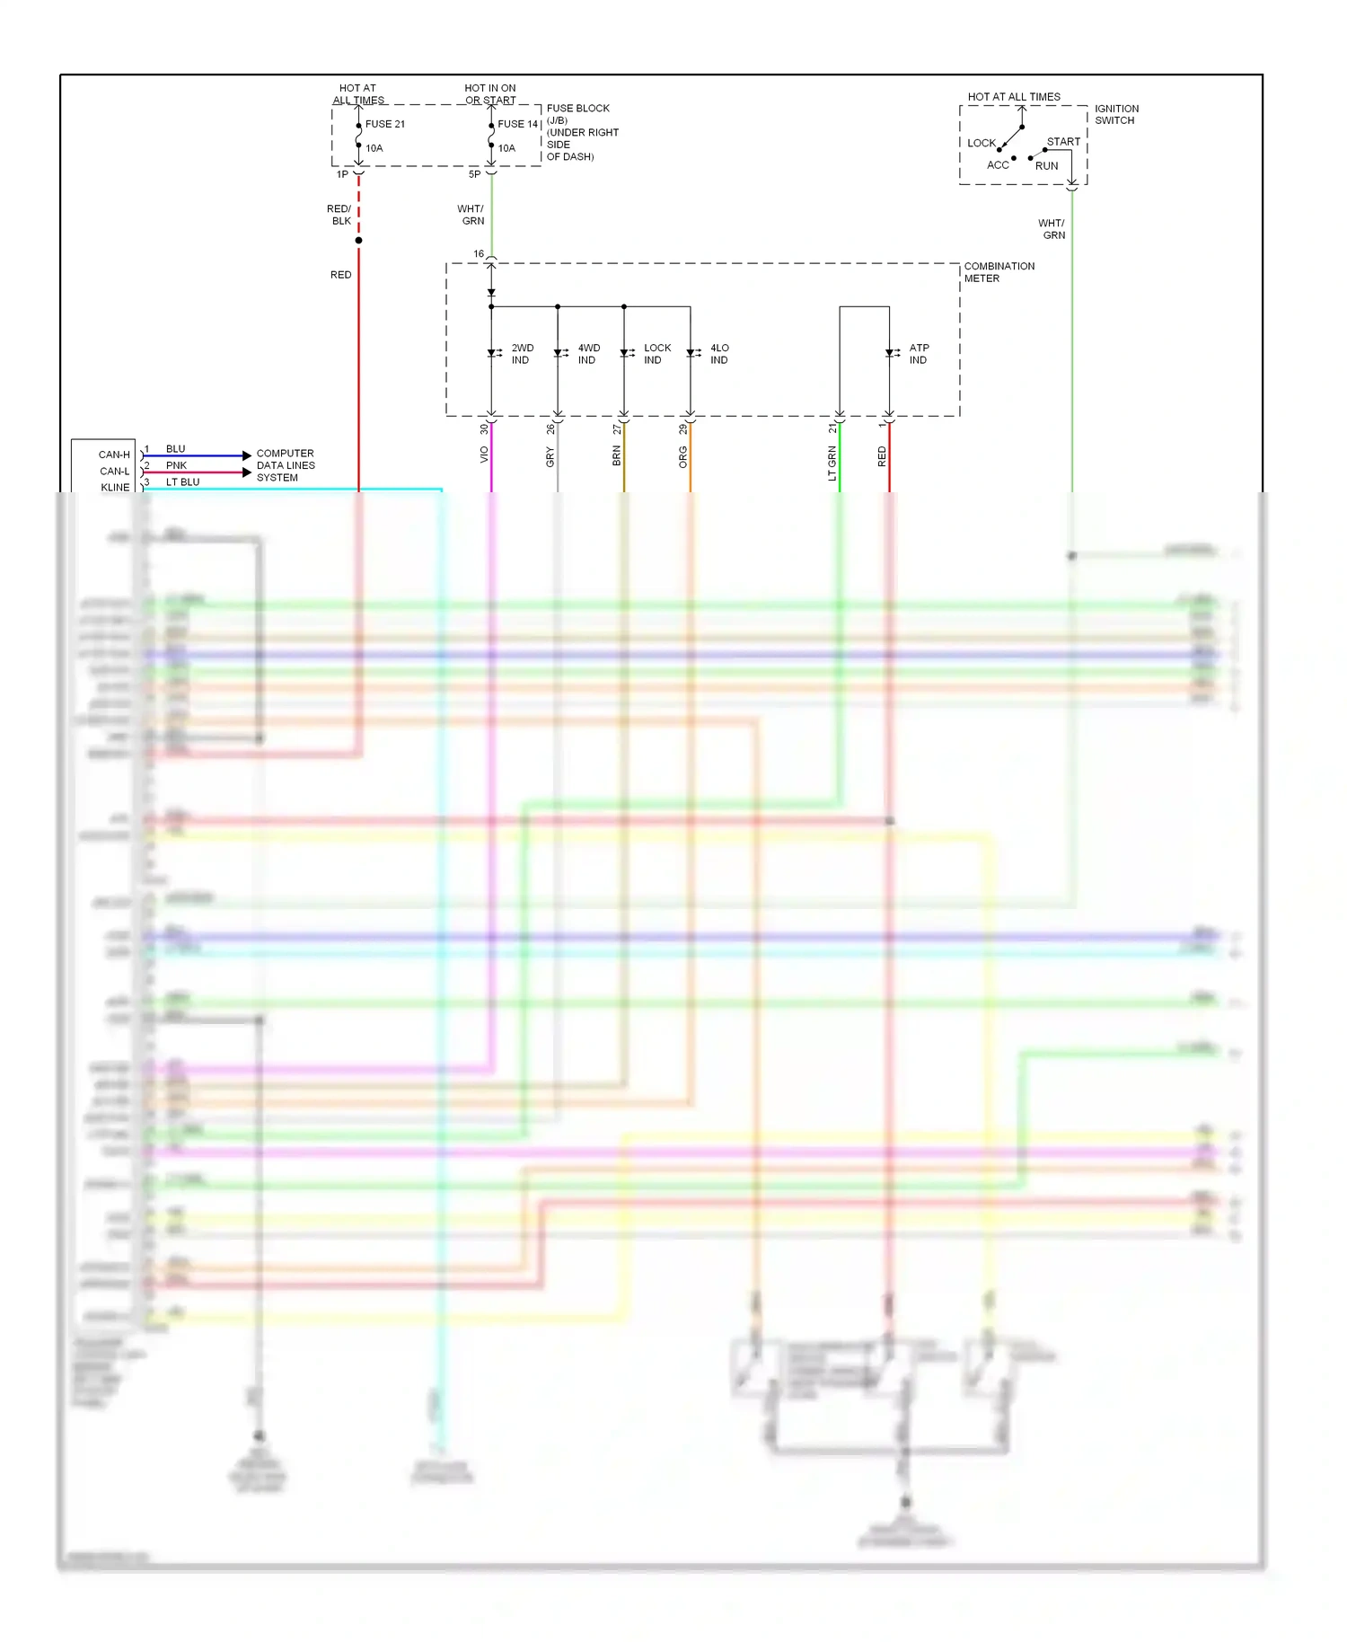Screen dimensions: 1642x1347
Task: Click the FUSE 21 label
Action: point(384,124)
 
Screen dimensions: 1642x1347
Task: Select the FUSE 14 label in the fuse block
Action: point(517,124)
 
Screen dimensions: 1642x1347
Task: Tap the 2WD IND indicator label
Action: point(522,354)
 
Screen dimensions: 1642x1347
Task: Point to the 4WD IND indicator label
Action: point(588,354)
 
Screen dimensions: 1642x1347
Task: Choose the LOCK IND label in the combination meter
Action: point(656,354)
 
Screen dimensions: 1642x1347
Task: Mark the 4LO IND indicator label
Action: point(719,354)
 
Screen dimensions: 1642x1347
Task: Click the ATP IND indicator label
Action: point(919,354)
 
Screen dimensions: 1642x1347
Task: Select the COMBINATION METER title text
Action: point(999,272)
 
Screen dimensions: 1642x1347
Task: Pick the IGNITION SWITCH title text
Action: point(1116,114)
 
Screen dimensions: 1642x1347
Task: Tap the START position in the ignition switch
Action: point(1063,142)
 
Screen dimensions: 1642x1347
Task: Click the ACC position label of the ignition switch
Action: point(998,165)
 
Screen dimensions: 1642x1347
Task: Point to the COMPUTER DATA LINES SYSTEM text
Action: point(286,465)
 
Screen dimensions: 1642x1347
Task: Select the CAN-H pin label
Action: point(114,455)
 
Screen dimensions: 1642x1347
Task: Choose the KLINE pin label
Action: point(115,487)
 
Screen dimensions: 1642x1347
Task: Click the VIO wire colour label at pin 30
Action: point(485,455)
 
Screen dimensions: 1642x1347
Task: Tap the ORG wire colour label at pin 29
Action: point(683,457)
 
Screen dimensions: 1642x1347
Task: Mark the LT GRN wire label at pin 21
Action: point(832,463)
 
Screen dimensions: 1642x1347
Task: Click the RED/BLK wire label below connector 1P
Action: point(340,215)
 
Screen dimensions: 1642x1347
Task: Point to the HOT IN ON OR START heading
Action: point(490,94)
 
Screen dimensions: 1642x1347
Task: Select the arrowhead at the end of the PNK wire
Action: point(247,472)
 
